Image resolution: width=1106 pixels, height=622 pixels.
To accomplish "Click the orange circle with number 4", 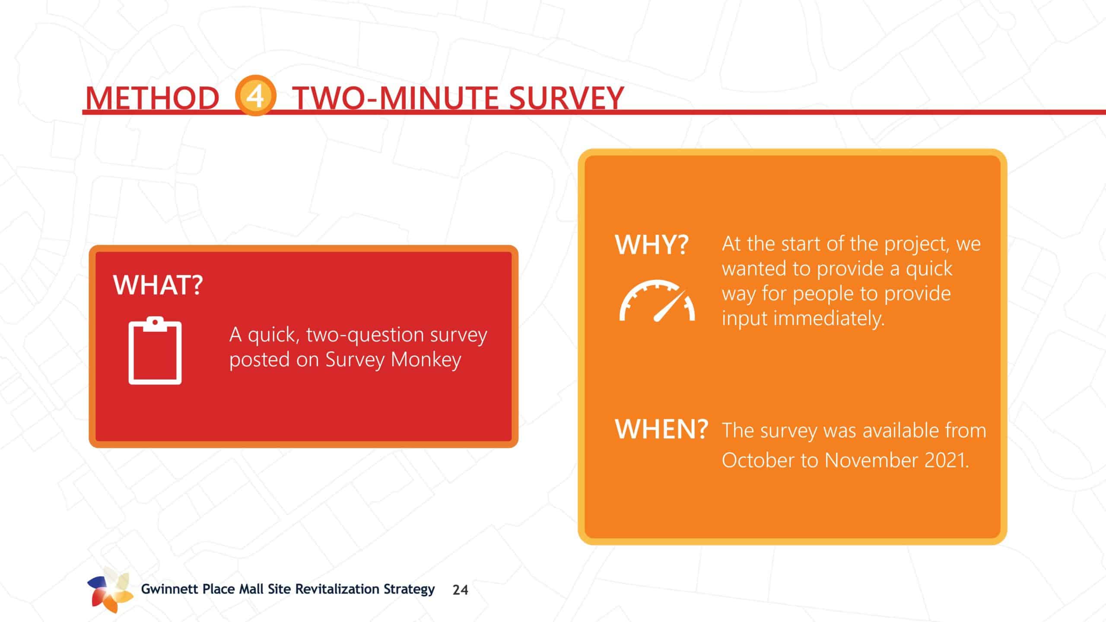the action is point(255,96).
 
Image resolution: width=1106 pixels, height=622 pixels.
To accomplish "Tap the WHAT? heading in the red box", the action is point(158,285).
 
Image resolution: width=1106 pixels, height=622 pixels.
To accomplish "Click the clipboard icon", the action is point(155,350).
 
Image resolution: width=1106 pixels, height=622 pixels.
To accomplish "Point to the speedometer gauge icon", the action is point(657,301).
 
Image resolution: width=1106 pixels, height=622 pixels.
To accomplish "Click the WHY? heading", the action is point(652,245).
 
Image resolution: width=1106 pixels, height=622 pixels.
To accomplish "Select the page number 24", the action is point(460,590).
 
